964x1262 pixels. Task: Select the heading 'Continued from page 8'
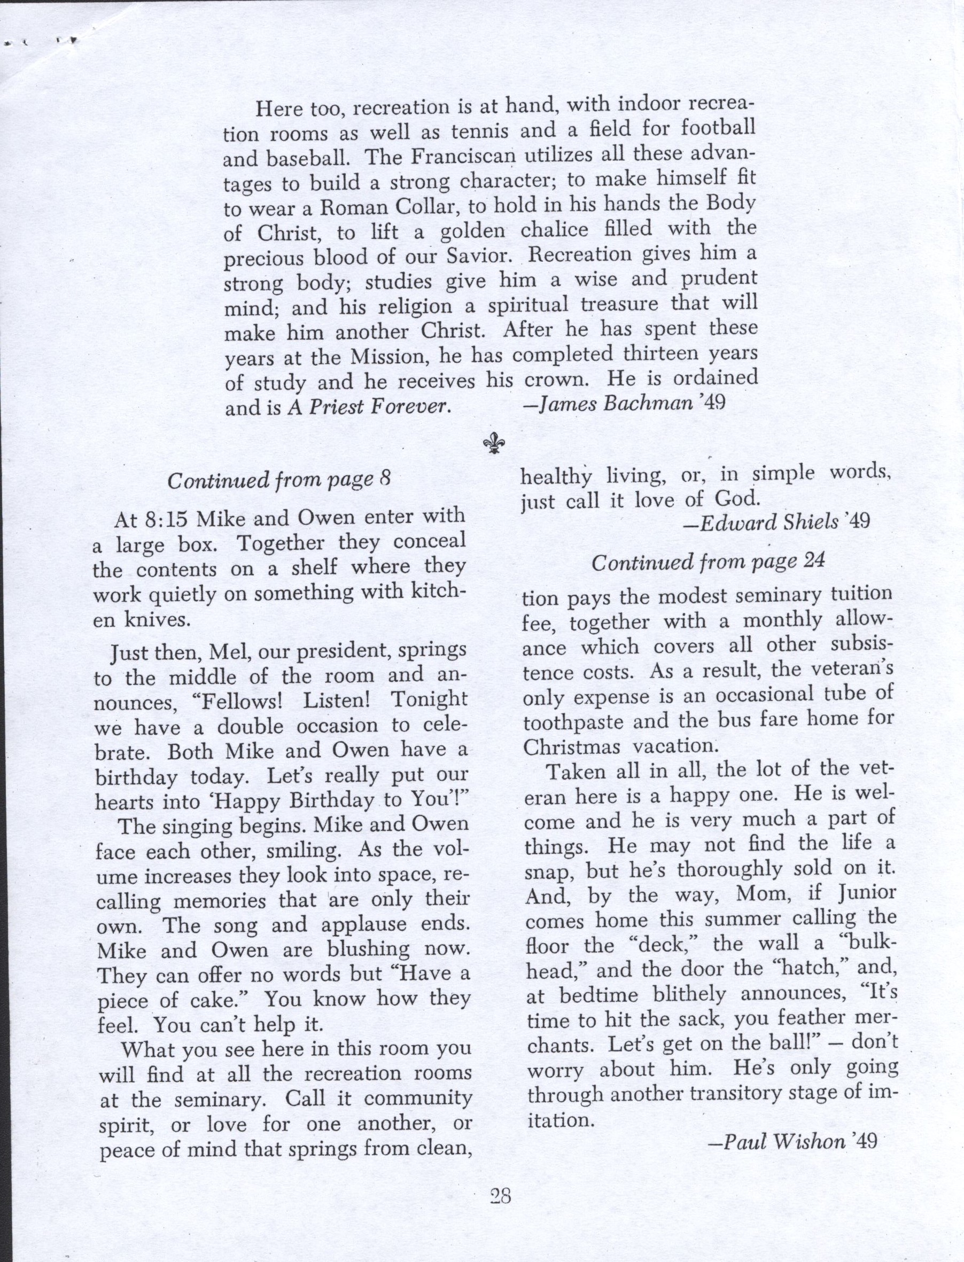point(279,480)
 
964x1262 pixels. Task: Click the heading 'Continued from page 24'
point(708,561)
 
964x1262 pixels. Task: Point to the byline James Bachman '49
point(624,404)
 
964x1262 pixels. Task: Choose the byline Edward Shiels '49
point(777,522)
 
